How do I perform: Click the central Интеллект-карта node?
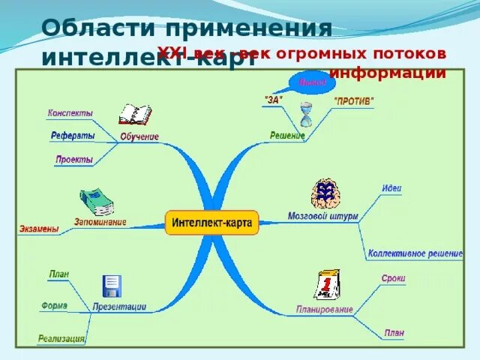(211, 223)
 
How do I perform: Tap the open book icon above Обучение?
(135, 115)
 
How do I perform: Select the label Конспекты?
(70, 113)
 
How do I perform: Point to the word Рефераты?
(73, 136)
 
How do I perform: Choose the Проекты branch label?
(73, 159)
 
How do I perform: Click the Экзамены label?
(39, 229)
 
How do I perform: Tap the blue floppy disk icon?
(112, 286)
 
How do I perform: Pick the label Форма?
(54, 305)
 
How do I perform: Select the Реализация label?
(61, 339)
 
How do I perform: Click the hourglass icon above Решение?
(305, 115)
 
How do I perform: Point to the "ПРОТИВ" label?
(353, 100)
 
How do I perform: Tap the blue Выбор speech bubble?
(311, 81)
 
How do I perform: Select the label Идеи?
(391, 188)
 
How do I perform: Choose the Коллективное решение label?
(415, 253)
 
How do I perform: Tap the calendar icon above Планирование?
(327, 285)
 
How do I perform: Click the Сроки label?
(392, 278)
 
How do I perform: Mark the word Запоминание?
(100, 222)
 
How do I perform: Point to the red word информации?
(388, 73)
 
